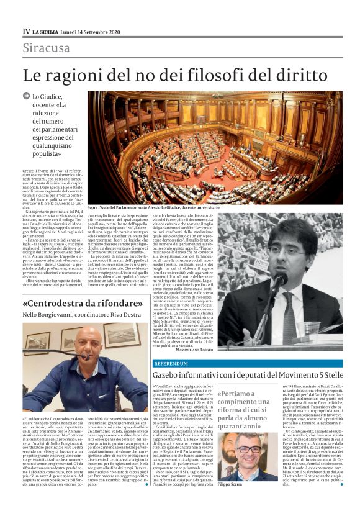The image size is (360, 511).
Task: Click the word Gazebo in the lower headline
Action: (x=173, y=375)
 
